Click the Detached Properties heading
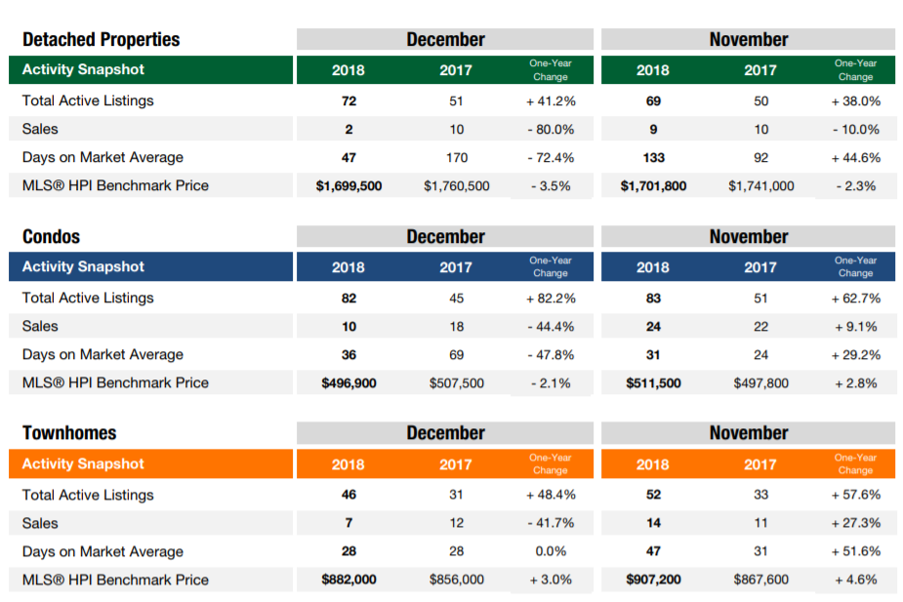click(x=102, y=40)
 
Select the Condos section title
click(x=52, y=237)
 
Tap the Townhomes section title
click(x=69, y=433)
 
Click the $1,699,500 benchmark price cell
click(x=349, y=185)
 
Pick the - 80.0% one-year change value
click(x=550, y=129)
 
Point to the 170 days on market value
click(x=456, y=157)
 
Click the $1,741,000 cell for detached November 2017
click(x=760, y=185)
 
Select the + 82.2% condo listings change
click(x=550, y=298)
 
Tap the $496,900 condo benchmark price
click(x=349, y=382)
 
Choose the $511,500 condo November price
click(x=653, y=382)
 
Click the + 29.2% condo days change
click(x=855, y=354)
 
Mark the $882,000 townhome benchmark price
click(x=349, y=580)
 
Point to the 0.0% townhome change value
click(x=550, y=551)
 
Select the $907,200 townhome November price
click(x=653, y=580)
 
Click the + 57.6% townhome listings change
click(x=855, y=495)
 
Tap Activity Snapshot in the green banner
click(x=83, y=70)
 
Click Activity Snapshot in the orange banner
click(x=83, y=464)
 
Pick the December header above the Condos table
click(x=445, y=237)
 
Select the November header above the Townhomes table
click(x=749, y=433)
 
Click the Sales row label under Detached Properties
click(x=40, y=129)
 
